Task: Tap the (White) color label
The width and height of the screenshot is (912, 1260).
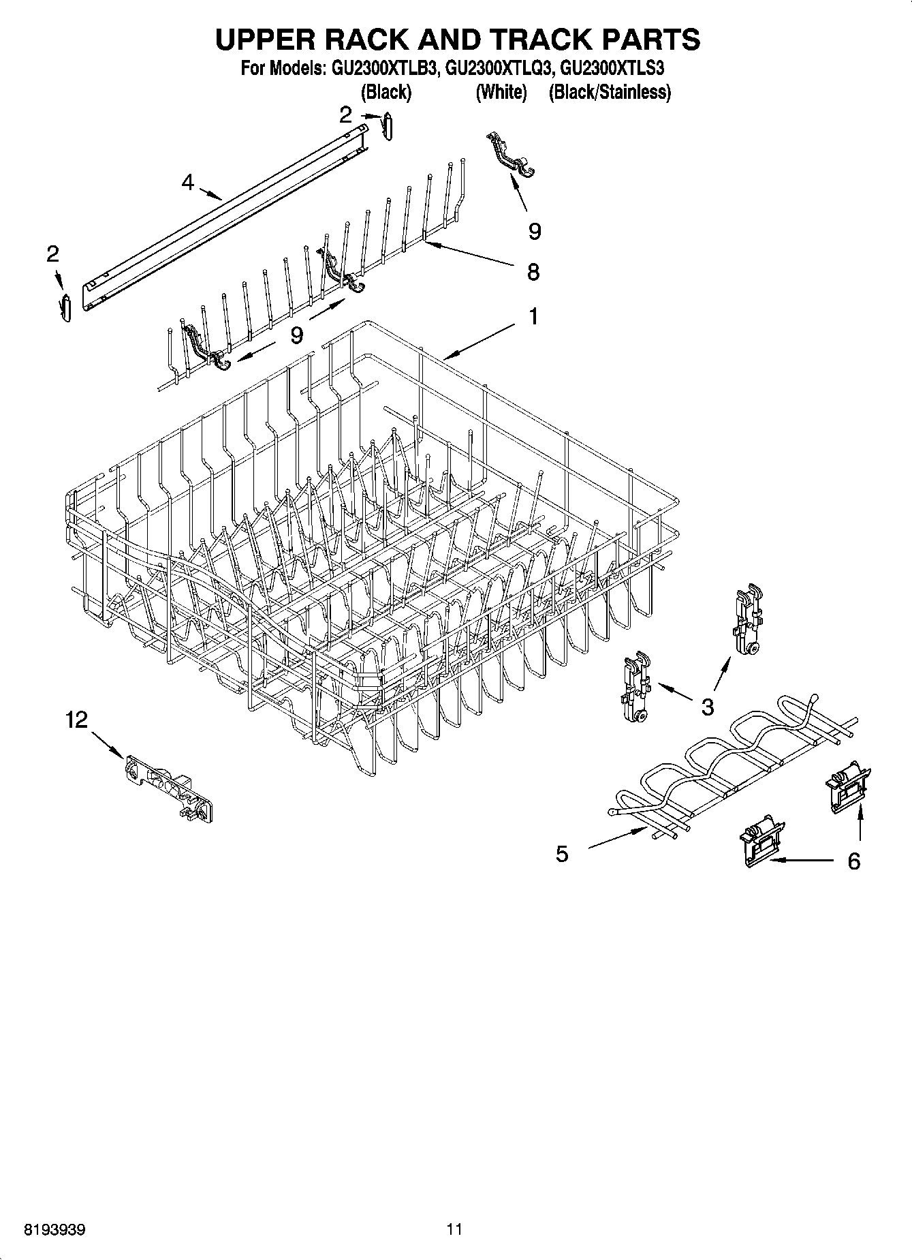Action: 501,92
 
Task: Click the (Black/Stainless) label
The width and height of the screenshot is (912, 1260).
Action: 610,92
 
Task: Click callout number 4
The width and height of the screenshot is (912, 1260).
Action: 187,182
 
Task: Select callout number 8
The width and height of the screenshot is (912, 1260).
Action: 533,272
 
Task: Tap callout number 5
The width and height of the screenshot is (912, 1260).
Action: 562,854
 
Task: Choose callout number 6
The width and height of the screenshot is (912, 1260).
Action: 853,861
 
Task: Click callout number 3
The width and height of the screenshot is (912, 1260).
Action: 708,707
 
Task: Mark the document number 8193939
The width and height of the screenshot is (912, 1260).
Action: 54,1229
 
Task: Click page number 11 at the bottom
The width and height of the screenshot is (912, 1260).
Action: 454,1229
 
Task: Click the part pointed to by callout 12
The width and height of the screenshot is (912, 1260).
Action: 170,788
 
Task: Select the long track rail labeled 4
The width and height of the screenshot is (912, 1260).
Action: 225,211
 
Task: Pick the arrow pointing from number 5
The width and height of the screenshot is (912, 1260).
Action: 616,838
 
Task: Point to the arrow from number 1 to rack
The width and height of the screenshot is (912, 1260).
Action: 480,341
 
